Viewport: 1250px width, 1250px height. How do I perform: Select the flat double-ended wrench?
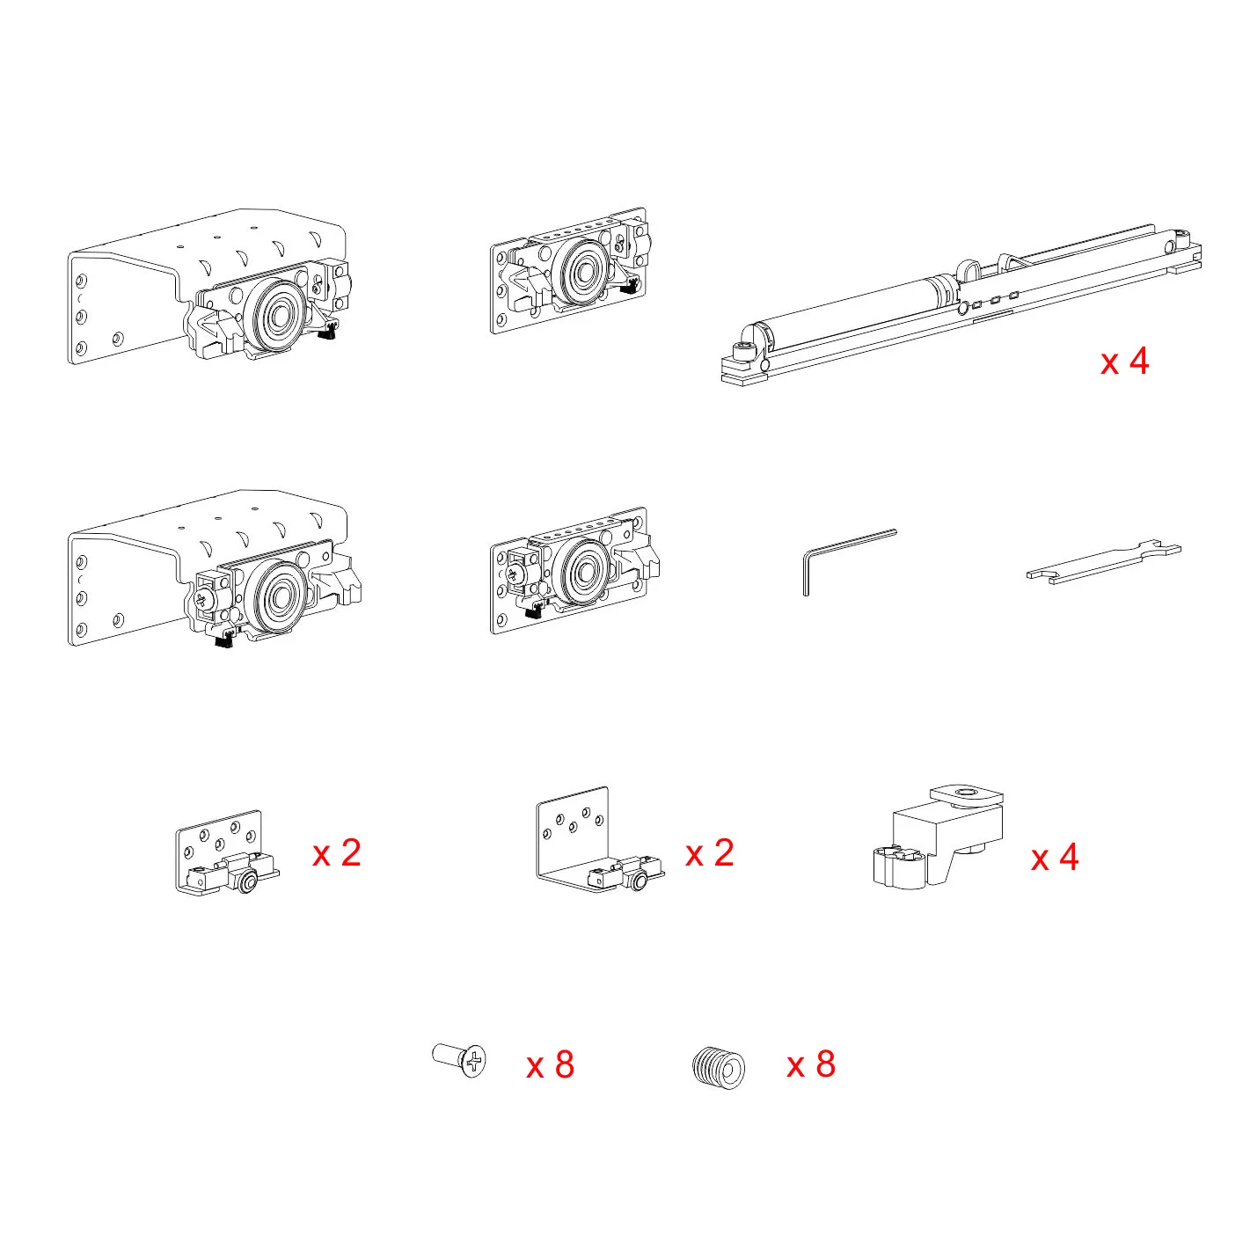coord(1103,562)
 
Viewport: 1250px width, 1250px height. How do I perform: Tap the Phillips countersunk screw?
coord(459,1060)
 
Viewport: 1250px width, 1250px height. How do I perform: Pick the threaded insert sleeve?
coord(719,1066)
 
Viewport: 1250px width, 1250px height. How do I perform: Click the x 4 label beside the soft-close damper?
coord(1124,361)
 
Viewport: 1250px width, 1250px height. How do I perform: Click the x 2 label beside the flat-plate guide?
coord(336,853)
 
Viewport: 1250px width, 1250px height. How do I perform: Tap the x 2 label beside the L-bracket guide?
coord(709,853)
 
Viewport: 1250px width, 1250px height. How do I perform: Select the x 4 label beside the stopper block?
coord(1055,857)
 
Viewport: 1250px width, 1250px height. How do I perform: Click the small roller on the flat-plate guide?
coord(246,883)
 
